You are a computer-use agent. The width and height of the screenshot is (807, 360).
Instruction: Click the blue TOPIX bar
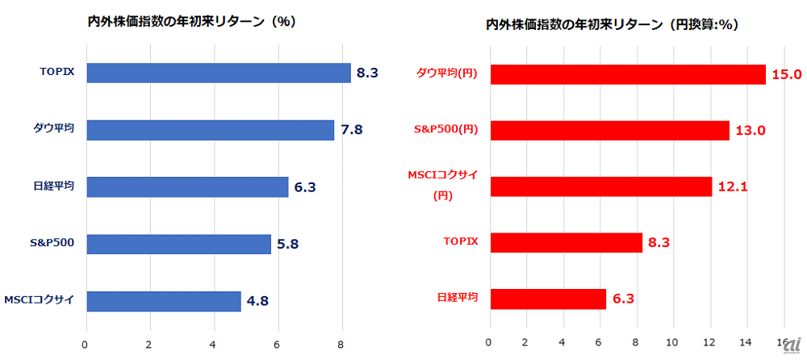click(x=218, y=73)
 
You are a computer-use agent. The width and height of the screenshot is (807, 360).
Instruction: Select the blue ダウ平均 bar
click(x=210, y=130)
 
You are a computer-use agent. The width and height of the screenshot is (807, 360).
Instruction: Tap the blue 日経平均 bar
click(x=187, y=187)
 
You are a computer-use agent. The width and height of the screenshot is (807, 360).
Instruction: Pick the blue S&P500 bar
click(x=178, y=244)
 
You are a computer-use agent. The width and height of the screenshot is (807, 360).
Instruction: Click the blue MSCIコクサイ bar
click(x=163, y=301)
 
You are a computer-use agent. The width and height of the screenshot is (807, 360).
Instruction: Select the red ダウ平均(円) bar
click(x=627, y=74)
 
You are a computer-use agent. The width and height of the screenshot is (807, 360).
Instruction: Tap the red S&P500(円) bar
click(x=609, y=131)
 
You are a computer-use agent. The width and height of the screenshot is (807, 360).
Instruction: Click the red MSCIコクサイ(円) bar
click(x=600, y=186)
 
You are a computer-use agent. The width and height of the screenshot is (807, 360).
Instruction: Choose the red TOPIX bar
click(x=566, y=242)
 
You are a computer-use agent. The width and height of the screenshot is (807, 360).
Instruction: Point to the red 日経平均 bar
click(x=547, y=299)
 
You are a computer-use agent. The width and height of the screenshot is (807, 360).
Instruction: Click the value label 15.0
click(x=787, y=74)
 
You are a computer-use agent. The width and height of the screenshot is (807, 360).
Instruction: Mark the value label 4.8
click(x=258, y=301)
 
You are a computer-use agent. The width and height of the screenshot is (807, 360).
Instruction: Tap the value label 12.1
click(x=733, y=186)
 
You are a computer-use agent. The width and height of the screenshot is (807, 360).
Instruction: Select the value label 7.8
click(x=352, y=130)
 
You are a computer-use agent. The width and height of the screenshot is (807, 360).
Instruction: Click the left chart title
click(x=192, y=23)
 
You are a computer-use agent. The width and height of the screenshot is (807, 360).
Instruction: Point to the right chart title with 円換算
click(x=613, y=25)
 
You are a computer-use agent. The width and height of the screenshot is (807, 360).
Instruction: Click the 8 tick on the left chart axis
click(x=342, y=343)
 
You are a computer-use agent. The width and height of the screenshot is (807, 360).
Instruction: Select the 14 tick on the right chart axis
click(x=748, y=343)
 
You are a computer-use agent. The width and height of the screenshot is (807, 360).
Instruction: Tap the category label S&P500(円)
click(x=447, y=131)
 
